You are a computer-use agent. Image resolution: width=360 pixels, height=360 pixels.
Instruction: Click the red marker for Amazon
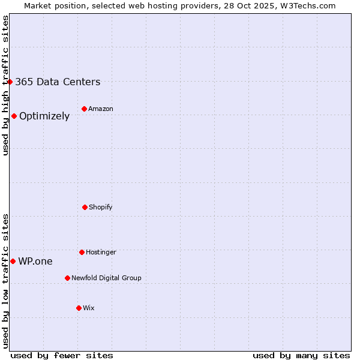point(84,109)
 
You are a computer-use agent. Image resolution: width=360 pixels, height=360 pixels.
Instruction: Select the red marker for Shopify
point(85,207)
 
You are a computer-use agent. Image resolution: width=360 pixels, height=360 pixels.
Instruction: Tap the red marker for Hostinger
point(82,252)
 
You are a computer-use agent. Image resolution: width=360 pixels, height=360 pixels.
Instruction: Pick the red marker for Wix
point(79,308)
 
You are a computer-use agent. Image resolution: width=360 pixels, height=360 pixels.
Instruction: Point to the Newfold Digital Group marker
point(67,278)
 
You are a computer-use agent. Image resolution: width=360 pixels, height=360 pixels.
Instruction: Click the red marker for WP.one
point(13,261)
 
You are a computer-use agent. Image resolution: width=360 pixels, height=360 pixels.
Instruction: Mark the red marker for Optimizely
point(14,116)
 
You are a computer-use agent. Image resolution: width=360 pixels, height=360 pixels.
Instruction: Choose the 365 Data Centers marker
point(10,82)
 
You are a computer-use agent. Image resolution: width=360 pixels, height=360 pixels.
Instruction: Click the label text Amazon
point(101,109)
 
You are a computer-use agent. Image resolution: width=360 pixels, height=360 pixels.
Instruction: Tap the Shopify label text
point(101,208)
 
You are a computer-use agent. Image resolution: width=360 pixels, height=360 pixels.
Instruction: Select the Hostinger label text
point(101,253)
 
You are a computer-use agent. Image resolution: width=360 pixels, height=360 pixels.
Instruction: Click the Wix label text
point(89,308)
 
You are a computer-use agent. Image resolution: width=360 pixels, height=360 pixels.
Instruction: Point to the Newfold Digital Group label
point(106,278)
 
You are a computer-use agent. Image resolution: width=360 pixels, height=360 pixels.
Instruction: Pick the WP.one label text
point(35,262)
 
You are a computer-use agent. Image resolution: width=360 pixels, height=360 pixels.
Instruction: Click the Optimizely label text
point(44,116)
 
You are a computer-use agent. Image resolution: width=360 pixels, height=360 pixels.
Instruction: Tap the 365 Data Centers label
point(58,82)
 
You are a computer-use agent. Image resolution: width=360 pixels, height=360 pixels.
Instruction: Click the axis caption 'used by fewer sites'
point(62,355)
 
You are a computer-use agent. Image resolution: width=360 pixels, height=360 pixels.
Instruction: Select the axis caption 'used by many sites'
point(301,355)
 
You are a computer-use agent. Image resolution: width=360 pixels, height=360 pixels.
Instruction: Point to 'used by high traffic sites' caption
point(5,85)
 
